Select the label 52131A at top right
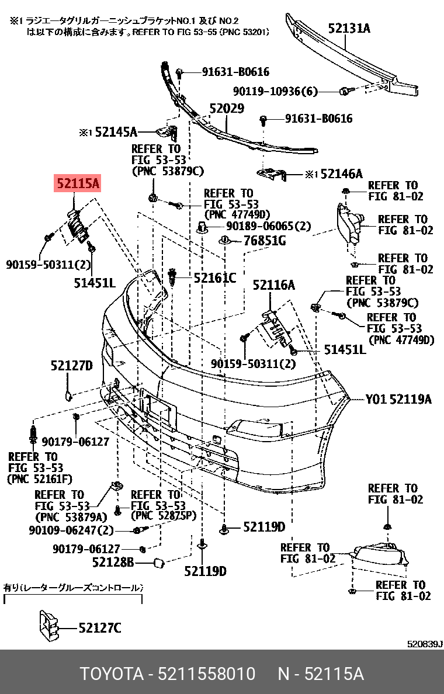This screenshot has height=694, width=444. click(x=349, y=27)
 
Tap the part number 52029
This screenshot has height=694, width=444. click(x=227, y=109)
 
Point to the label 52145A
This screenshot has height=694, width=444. click(x=116, y=133)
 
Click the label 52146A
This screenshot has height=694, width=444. click(x=341, y=173)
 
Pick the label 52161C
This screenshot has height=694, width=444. click(x=215, y=278)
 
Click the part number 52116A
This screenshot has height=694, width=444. click(x=273, y=285)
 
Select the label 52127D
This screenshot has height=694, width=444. click(x=71, y=366)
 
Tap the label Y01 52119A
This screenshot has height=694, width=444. click(x=398, y=400)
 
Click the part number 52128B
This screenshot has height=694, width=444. click(x=113, y=563)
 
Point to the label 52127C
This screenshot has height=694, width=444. click(x=100, y=628)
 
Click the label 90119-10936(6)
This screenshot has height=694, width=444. click(x=275, y=91)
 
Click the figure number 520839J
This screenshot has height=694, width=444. click(x=425, y=644)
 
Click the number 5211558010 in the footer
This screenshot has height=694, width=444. click(x=207, y=674)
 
